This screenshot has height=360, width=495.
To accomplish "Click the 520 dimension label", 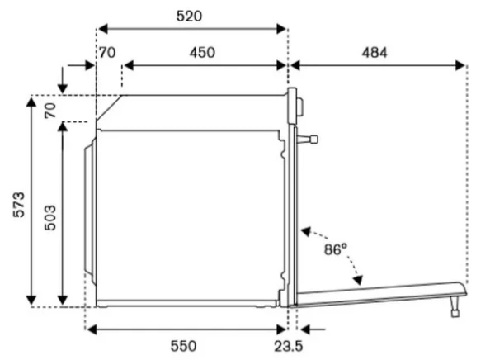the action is (x=189, y=17).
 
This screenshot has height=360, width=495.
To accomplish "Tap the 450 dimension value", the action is (x=202, y=53).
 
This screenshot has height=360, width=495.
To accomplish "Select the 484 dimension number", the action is (x=375, y=53).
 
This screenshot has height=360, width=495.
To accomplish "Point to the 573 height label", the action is (x=19, y=204).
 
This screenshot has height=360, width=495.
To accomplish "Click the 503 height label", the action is (x=49, y=218).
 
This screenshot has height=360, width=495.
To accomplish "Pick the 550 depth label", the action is (x=183, y=346).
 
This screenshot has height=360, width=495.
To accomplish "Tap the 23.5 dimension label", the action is (x=288, y=347).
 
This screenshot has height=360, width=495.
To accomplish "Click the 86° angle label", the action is (x=335, y=249).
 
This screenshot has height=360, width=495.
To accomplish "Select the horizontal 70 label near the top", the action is (x=107, y=53).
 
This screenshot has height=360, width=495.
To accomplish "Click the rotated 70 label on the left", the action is (x=49, y=111).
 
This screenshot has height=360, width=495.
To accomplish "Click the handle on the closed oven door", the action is (x=308, y=140).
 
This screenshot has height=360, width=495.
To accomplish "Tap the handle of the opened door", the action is (x=455, y=306).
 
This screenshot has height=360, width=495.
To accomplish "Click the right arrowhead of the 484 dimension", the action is (x=460, y=66).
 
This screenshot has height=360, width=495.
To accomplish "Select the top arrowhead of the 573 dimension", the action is (x=31, y=103).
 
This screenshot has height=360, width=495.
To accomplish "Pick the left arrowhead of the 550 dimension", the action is (x=92, y=329).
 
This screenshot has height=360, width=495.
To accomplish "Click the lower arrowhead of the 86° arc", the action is (x=358, y=280).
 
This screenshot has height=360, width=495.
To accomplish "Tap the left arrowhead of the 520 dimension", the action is (x=103, y=29).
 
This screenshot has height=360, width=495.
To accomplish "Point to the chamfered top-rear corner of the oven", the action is (x=109, y=107).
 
